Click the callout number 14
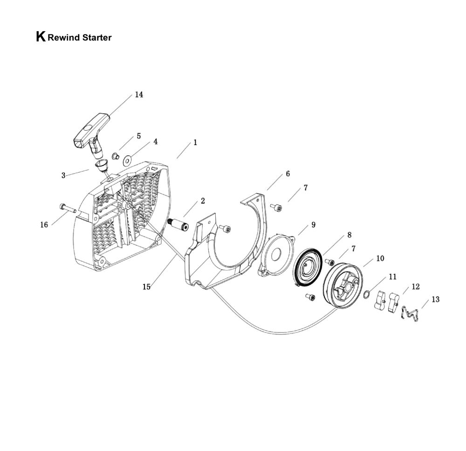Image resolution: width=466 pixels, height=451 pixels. pyautogui.click(x=139, y=95)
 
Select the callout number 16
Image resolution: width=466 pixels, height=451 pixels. pyautogui.click(x=44, y=225)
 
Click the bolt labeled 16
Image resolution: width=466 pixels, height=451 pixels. pyautogui.click(x=67, y=208)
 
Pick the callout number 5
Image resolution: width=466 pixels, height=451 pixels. pyautogui.click(x=138, y=136)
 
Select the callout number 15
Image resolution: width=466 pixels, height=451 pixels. pyautogui.click(x=146, y=287)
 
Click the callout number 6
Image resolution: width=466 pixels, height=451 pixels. pyautogui.click(x=288, y=173)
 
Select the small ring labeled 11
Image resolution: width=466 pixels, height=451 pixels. pyautogui.click(x=368, y=294)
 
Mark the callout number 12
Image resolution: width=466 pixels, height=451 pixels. pyautogui.click(x=416, y=286)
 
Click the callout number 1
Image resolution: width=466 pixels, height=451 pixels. pyautogui.click(x=195, y=142)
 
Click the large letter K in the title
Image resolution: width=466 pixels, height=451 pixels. pyautogui.click(x=41, y=37)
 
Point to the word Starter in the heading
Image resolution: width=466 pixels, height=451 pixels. pyautogui.click(x=96, y=38)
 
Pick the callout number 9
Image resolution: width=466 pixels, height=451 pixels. pyautogui.click(x=313, y=225)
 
